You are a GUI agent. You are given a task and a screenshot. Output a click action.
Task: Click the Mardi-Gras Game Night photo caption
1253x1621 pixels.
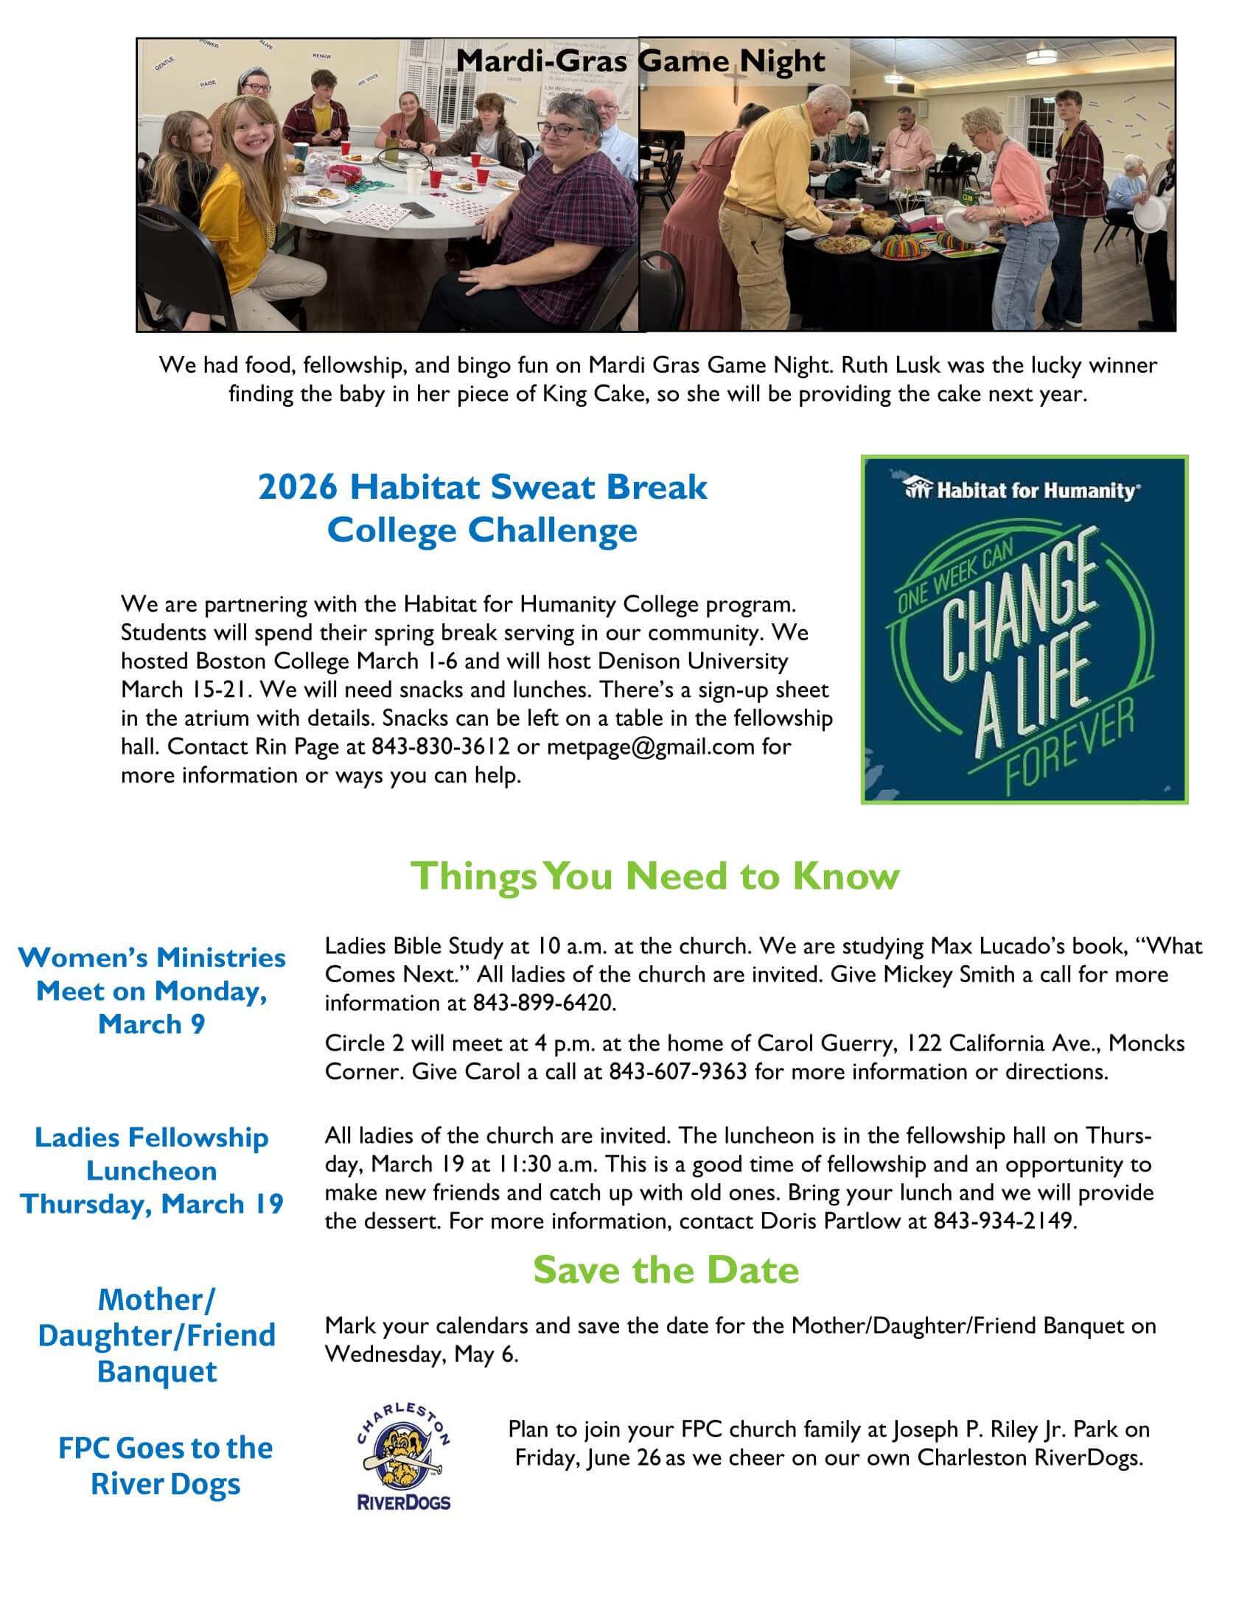click(x=640, y=61)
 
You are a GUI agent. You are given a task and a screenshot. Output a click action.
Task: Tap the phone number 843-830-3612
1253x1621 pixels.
click(x=440, y=746)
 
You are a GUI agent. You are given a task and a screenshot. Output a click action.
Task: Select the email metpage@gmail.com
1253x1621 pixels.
click(x=650, y=746)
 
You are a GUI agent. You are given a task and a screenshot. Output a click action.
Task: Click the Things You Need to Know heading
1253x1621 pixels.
click(x=655, y=876)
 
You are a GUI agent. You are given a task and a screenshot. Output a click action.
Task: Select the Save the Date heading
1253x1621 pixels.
click(x=666, y=1270)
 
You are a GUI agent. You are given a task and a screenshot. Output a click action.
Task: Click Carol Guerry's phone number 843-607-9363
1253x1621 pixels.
click(x=677, y=1072)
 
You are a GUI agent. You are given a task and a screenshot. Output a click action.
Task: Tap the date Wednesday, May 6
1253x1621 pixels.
click(x=421, y=1354)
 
